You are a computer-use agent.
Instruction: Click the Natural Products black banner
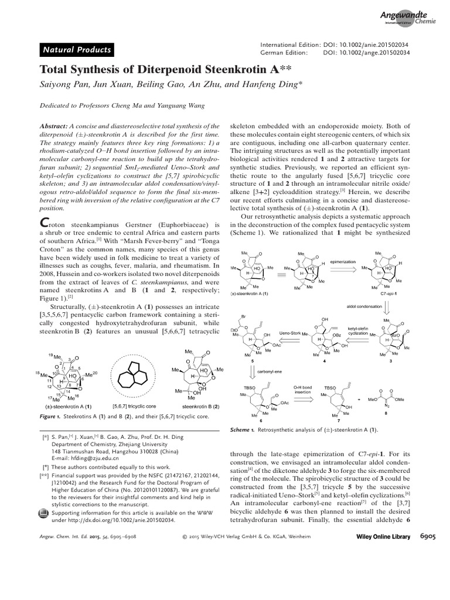point(74,50)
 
